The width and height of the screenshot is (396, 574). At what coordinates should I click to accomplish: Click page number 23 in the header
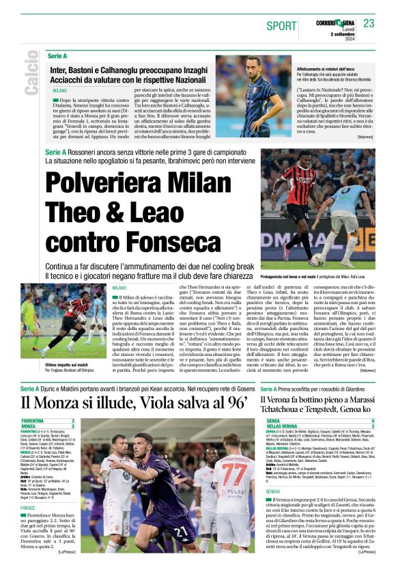coord(369,24)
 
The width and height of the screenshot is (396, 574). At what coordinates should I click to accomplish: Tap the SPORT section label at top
coord(281,26)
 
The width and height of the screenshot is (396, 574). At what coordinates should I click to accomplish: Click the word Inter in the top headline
coord(60,69)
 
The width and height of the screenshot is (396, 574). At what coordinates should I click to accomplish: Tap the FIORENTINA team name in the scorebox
coord(34,422)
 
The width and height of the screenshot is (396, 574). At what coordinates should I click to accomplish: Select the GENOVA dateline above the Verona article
coord(274,491)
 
